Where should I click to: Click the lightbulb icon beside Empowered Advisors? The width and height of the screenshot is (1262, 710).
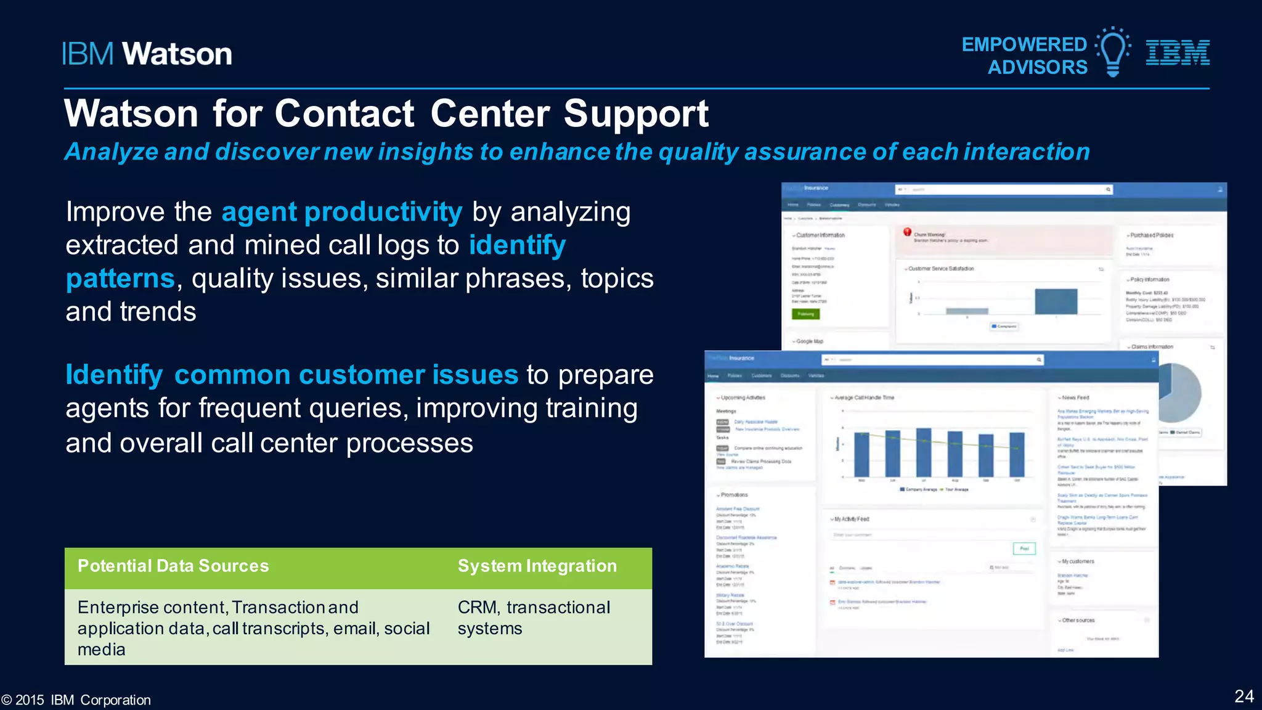(x=1113, y=52)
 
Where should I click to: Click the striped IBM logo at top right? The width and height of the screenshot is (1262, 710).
(x=1178, y=52)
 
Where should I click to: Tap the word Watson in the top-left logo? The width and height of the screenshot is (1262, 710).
(x=177, y=54)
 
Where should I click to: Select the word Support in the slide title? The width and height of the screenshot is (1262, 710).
(x=636, y=114)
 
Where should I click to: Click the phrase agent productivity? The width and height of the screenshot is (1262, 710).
(x=342, y=212)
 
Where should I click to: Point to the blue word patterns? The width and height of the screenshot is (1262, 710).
(x=121, y=279)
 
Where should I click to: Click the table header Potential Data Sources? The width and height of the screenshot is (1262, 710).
(x=173, y=566)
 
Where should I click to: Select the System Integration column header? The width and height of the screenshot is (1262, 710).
(x=537, y=566)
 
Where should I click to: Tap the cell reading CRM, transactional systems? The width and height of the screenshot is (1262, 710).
(x=534, y=618)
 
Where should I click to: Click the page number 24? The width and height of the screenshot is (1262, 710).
(x=1244, y=696)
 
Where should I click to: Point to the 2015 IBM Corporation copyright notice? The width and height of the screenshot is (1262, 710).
(x=76, y=700)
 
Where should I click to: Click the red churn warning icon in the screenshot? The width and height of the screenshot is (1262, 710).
(x=907, y=232)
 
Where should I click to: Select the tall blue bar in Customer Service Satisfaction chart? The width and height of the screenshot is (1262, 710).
(x=1056, y=301)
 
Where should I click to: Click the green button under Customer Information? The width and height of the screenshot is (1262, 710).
(x=805, y=314)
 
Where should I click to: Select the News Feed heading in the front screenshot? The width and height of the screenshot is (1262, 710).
(x=1075, y=398)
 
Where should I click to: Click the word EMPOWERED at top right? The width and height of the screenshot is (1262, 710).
(x=1024, y=44)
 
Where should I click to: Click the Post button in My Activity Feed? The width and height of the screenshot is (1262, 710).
(x=1024, y=548)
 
